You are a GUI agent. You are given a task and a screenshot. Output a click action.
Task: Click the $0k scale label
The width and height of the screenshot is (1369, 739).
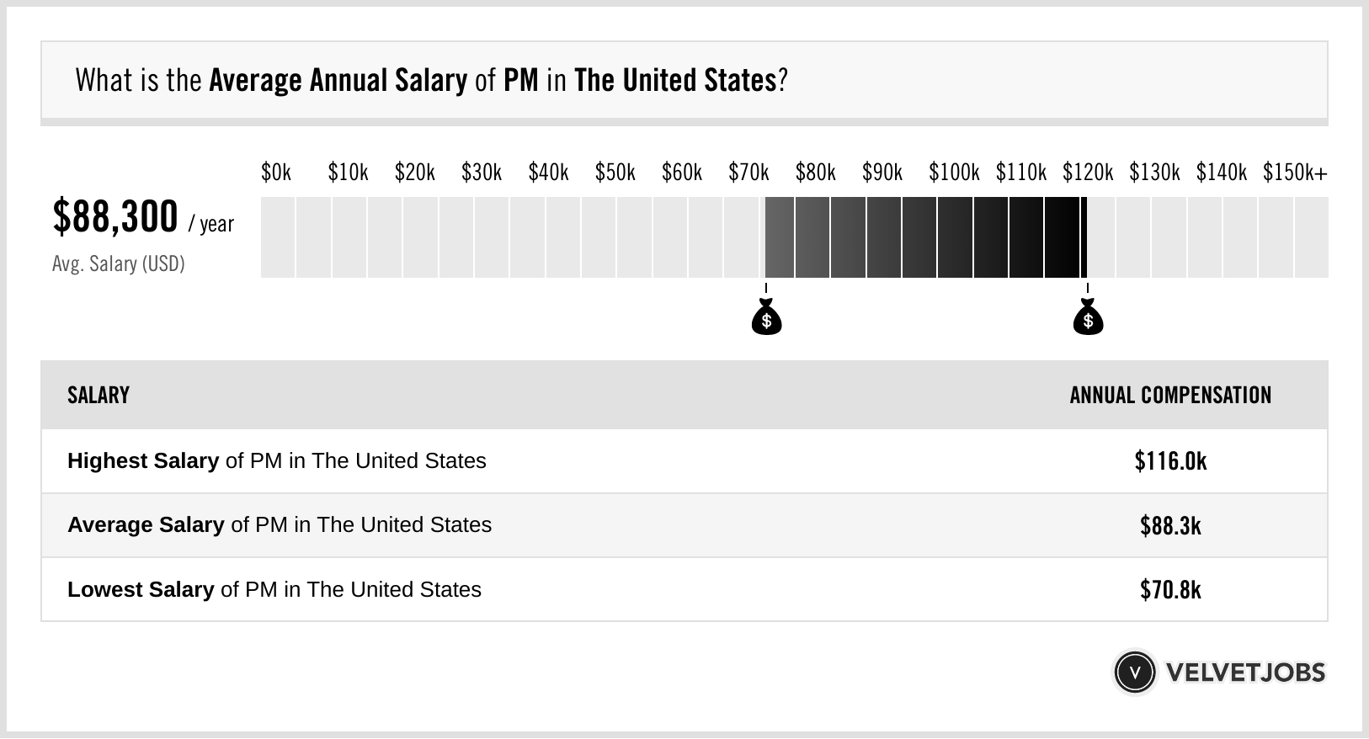(x=275, y=173)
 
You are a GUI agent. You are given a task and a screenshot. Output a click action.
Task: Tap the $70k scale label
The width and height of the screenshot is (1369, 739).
(x=748, y=173)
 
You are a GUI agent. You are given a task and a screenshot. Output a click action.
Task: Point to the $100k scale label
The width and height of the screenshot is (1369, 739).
(x=954, y=173)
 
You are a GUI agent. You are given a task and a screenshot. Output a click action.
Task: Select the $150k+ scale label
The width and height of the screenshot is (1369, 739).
(x=1295, y=173)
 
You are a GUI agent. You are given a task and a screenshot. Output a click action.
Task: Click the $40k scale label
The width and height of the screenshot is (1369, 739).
(x=548, y=173)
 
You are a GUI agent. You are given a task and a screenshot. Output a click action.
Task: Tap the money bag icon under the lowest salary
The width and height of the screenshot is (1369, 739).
(x=766, y=317)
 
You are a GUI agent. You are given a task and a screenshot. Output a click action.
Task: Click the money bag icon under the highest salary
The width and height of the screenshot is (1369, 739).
(x=1088, y=317)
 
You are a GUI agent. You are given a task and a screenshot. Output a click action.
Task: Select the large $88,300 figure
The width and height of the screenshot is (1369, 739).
(x=115, y=216)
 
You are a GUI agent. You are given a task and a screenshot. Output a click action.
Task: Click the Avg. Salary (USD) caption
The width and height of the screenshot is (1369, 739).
(x=118, y=264)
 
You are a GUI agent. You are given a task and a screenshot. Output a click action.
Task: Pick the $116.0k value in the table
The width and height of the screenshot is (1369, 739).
(x=1170, y=461)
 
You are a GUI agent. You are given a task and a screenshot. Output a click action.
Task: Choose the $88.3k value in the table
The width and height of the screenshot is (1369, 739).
(x=1170, y=525)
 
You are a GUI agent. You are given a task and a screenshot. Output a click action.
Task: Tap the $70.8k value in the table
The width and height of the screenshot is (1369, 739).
(x=1170, y=589)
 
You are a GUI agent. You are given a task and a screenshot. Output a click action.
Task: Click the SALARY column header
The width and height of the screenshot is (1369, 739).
(x=99, y=396)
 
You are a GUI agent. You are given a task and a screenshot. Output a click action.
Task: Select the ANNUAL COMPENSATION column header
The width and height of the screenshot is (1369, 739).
(x=1170, y=396)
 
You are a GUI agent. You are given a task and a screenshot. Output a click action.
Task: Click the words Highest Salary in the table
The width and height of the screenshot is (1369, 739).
(x=143, y=461)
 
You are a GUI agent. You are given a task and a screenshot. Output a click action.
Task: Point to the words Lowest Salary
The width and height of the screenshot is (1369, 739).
(x=141, y=589)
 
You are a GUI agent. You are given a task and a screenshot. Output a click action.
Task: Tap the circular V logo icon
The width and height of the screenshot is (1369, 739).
(x=1134, y=672)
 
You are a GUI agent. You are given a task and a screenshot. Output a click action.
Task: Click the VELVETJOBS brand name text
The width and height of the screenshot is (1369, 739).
(x=1245, y=673)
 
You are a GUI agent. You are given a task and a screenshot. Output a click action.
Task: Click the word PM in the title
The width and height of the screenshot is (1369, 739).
(x=520, y=81)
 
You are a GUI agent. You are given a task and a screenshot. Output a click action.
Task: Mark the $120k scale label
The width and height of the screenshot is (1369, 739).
(x=1088, y=173)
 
